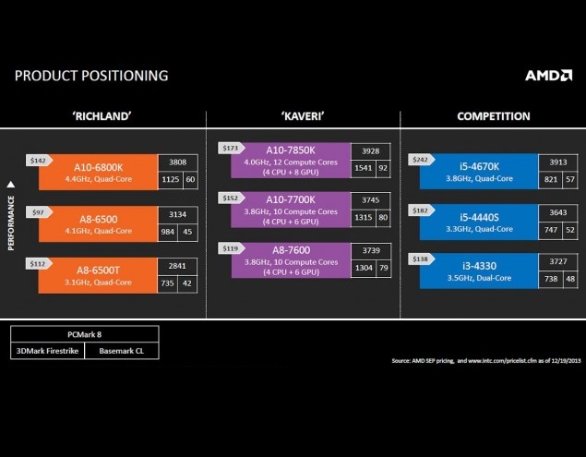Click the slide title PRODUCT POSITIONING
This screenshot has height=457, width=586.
91,76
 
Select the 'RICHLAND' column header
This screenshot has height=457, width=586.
102,116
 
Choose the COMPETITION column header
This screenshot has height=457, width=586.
493,116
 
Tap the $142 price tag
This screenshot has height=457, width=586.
38,159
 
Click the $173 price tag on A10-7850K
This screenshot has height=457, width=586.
230,147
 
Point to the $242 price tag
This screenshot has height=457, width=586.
419,158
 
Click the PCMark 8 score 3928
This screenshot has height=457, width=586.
371,150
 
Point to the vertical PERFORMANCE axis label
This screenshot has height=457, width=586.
12,214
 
